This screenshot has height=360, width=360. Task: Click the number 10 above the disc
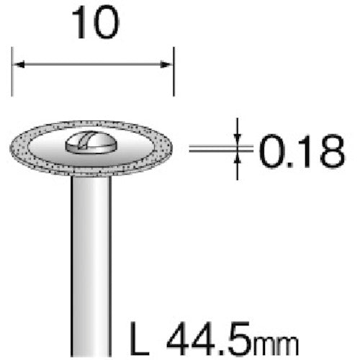click(x=94, y=27)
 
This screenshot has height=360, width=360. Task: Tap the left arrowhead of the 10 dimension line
click(x=18, y=66)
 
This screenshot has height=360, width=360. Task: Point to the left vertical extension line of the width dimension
click(x=13, y=72)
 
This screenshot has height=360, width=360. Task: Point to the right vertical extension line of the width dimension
click(x=174, y=72)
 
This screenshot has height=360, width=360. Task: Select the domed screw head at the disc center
click(x=89, y=143)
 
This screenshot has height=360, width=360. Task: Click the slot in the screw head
click(x=89, y=141)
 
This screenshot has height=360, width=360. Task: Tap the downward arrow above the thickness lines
click(x=238, y=137)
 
